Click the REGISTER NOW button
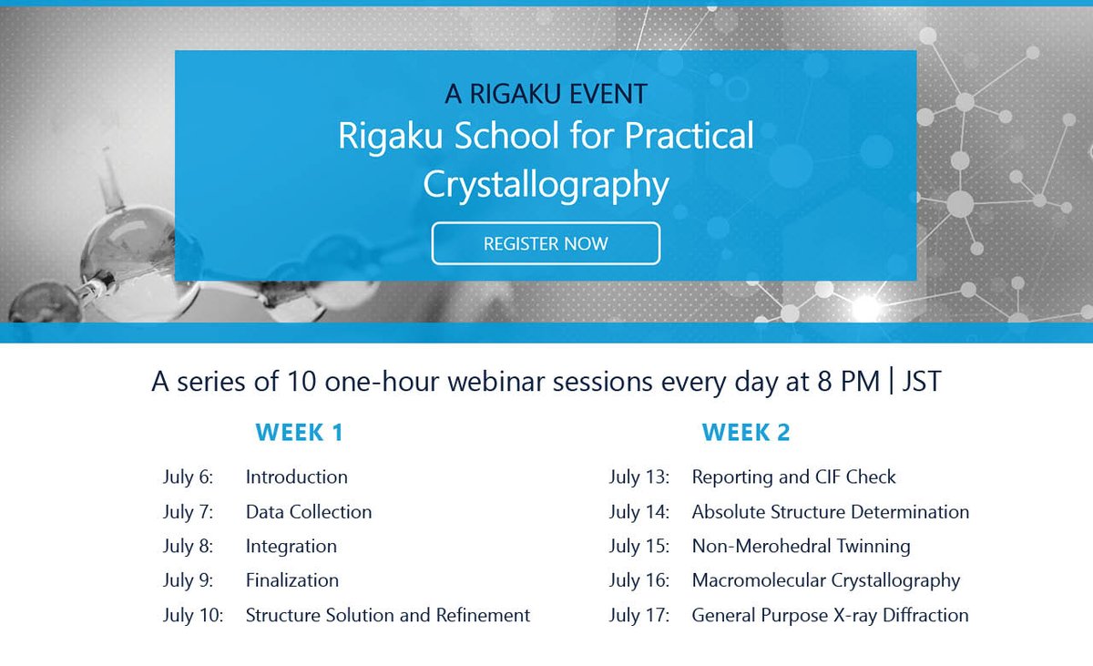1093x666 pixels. (x=546, y=243)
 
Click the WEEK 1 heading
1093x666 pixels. (x=300, y=432)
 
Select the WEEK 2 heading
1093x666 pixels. (x=746, y=432)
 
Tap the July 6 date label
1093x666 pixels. (x=189, y=477)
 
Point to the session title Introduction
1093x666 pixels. (x=297, y=476)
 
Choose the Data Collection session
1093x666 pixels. (x=309, y=512)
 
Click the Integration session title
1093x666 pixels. (x=291, y=547)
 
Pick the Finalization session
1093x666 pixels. (x=292, y=580)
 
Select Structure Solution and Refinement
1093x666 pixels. (x=388, y=615)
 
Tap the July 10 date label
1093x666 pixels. (x=193, y=616)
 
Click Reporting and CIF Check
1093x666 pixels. (x=794, y=477)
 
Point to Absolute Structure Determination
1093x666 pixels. (x=831, y=512)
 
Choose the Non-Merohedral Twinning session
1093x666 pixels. (x=802, y=547)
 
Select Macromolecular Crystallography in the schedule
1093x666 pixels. (x=826, y=581)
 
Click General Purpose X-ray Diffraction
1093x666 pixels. (x=831, y=616)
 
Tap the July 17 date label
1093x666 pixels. (x=639, y=616)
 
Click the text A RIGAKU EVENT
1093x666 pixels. (x=546, y=94)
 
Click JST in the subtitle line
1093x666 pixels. (x=921, y=382)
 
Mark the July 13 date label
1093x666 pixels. (x=639, y=477)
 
